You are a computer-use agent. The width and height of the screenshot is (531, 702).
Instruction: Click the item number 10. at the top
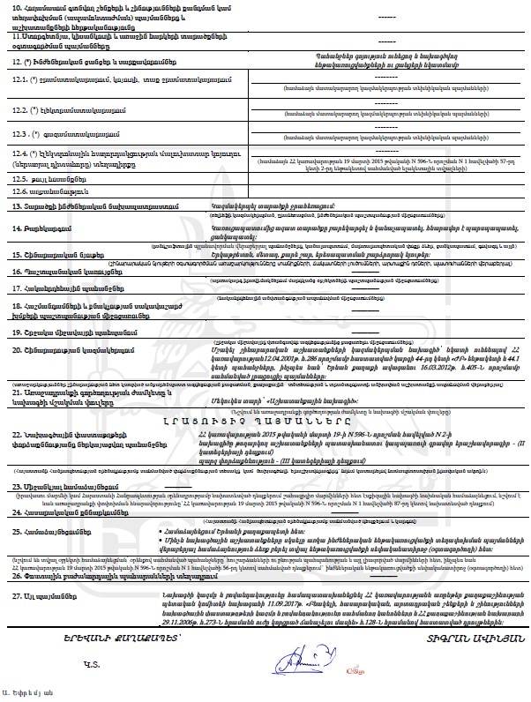click(x=18, y=8)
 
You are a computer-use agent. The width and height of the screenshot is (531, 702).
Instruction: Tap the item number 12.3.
click(x=22, y=133)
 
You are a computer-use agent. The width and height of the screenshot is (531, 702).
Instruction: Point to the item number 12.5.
click(x=22, y=178)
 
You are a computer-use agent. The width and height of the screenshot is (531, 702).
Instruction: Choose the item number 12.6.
click(x=22, y=190)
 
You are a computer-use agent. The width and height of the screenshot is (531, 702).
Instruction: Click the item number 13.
click(x=17, y=205)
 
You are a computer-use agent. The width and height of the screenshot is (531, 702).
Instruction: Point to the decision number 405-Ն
click(x=450, y=392)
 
